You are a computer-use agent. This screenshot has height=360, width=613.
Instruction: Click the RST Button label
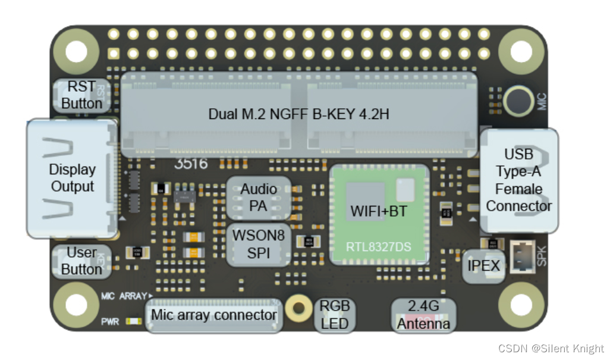82,95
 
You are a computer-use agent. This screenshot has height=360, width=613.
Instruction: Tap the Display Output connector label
73,178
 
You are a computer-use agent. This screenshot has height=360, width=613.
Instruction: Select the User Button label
81,261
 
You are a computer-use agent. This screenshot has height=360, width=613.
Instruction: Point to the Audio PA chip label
259,198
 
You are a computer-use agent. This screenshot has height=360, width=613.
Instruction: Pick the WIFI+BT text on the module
378,211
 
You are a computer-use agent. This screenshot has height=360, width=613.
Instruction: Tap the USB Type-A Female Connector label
519,180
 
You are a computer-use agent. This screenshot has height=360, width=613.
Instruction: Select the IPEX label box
484,265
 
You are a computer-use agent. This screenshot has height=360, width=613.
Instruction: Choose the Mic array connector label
214,315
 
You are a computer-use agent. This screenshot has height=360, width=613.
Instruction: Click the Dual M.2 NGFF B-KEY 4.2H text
298,114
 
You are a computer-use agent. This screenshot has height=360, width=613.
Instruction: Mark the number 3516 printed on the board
190,163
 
